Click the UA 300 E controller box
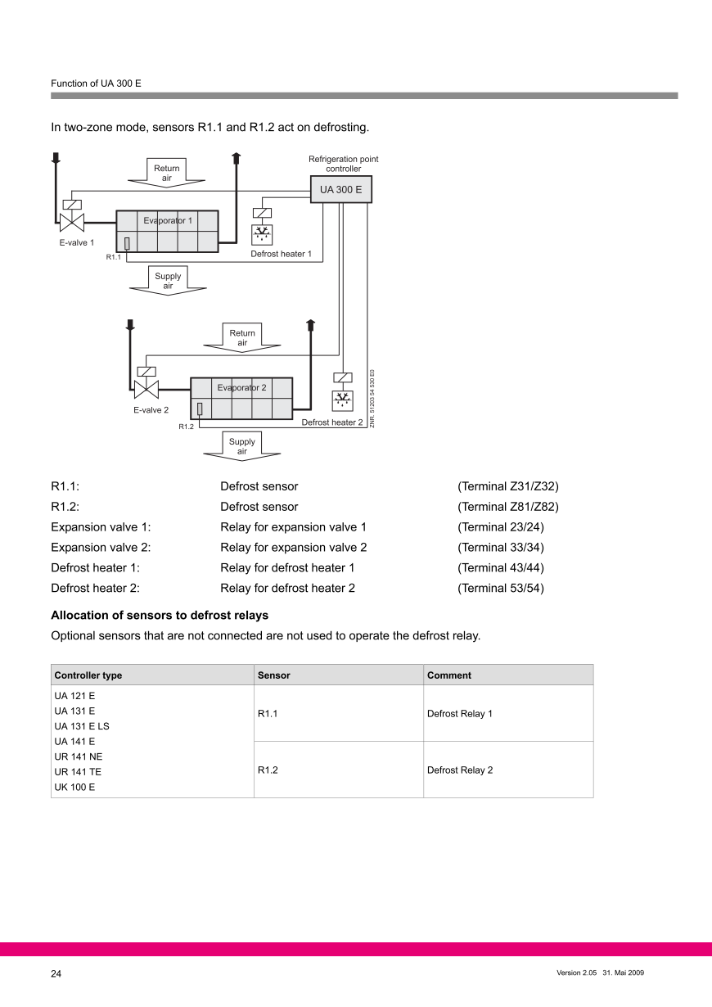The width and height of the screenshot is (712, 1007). click(x=340, y=189)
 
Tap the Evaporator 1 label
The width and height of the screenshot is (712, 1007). click(x=168, y=220)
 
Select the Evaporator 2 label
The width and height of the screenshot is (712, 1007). click(x=241, y=387)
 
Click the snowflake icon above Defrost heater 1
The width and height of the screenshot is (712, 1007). click(x=263, y=234)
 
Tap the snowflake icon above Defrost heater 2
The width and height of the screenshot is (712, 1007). click(x=343, y=400)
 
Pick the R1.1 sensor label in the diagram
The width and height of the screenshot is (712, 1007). click(x=113, y=258)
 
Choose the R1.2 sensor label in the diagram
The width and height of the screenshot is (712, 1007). click(x=186, y=427)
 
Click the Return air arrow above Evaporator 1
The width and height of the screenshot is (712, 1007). click(x=167, y=173)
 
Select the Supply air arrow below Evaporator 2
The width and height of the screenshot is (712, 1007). click(x=242, y=446)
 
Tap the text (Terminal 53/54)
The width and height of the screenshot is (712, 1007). click(x=500, y=588)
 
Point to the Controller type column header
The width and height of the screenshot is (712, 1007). click(x=88, y=675)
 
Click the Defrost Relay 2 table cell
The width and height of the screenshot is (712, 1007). click(x=460, y=770)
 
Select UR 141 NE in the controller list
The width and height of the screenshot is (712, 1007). click(x=79, y=756)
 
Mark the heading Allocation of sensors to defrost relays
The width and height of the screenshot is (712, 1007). click(x=160, y=615)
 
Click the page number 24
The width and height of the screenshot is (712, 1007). click(x=56, y=974)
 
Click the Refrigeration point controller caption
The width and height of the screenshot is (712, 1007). click(x=343, y=164)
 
